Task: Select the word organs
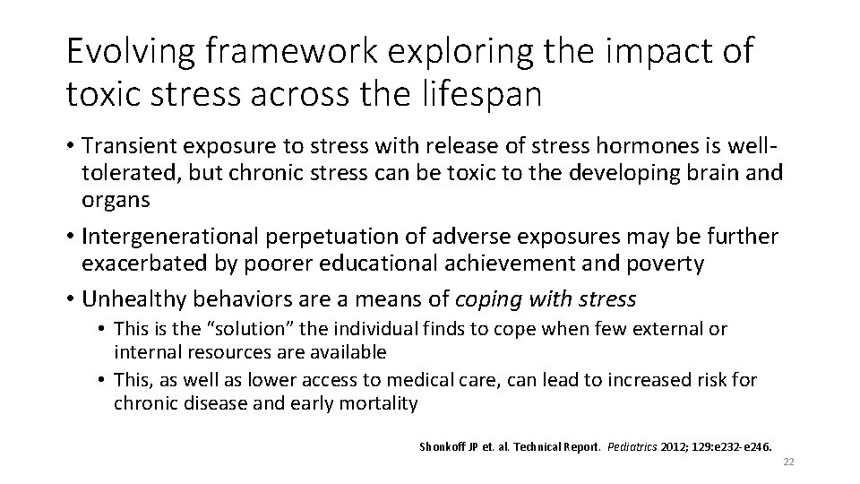(x=116, y=200)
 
